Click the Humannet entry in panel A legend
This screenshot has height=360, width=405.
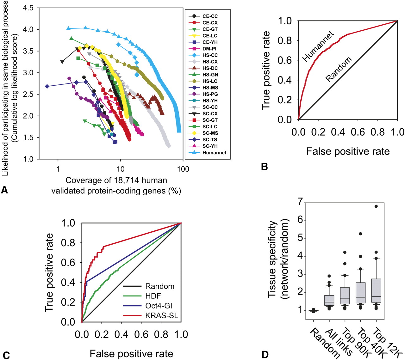click(214, 153)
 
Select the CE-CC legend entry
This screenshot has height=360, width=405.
click(210, 16)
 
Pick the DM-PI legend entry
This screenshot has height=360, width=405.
click(209, 49)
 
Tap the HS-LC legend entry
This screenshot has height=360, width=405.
click(210, 81)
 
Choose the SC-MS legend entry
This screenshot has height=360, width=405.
click(210, 133)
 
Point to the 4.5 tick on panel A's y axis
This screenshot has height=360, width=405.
click(28, 8)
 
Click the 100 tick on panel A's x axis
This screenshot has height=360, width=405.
click(183, 169)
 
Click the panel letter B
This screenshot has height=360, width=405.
click(265, 167)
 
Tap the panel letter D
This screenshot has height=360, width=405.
click(265, 354)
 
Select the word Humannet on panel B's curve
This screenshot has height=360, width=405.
click(318, 46)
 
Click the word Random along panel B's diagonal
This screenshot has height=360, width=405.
click(339, 69)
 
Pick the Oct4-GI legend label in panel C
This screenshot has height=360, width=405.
click(159, 306)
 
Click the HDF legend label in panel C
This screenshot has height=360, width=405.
click(153, 296)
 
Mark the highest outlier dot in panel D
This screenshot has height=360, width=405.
click(376, 206)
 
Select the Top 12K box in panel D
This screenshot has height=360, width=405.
click(376, 290)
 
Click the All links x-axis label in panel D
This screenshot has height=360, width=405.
click(339, 341)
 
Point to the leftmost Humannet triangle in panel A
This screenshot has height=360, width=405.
click(68, 28)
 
